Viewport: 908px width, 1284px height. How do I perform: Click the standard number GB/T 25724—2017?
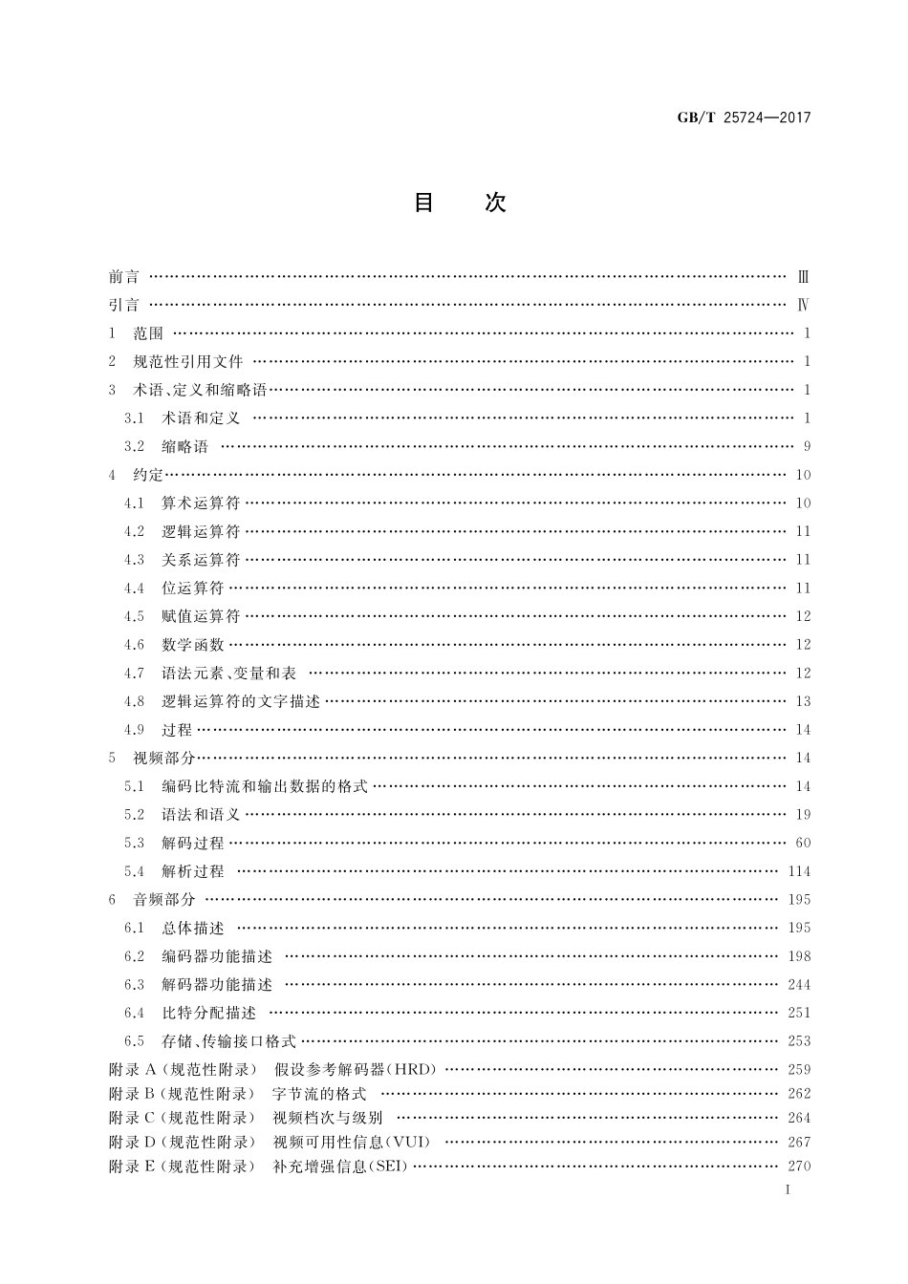(x=730, y=118)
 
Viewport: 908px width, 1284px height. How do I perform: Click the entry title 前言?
(x=124, y=277)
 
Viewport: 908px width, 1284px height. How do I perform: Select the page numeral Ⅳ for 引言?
(x=804, y=306)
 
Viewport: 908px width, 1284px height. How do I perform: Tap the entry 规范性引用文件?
(x=188, y=362)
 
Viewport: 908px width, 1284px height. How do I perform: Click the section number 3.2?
(x=134, y=447)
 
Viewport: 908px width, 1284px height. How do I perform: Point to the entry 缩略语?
(x=184, y=447)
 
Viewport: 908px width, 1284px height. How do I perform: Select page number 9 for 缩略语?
(x=807, y=447)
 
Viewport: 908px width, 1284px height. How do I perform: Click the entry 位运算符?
(x=192, y=588)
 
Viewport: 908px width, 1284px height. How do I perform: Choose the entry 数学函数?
(x=192, y=645)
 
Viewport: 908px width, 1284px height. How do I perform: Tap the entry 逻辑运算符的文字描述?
(x=240, y=702)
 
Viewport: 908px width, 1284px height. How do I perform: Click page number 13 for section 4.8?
(x=803, y=702)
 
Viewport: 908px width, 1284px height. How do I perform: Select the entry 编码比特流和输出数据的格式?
(x=264, y=787)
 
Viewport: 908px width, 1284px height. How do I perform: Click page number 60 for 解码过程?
(x=803, y=844)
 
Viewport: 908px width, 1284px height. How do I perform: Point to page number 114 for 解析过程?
(x=799, y=871)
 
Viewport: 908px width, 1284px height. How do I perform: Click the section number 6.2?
(x=134, y=956)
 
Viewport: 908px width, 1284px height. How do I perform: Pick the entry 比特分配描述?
(x=208, y=1014)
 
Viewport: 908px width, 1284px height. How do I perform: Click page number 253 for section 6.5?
(x=799, y=1041)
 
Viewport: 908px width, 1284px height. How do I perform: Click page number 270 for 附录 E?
(x=799, y=1166)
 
